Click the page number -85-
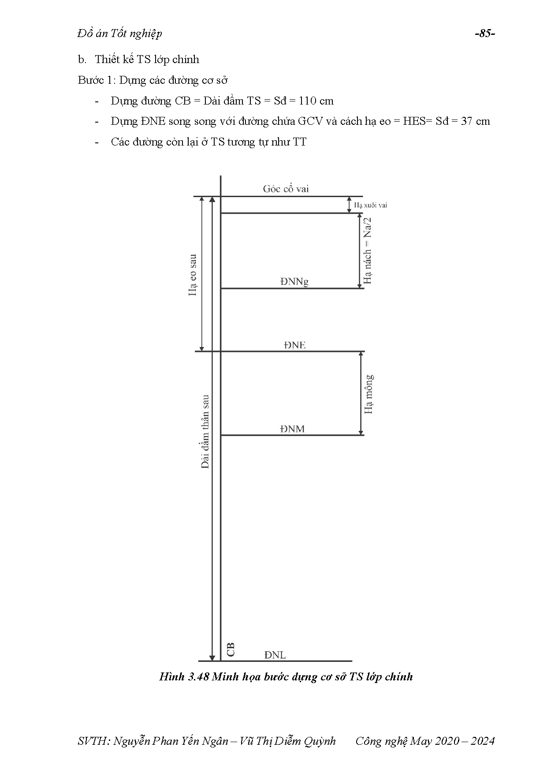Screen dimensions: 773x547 pyautogui.click(x=485, y=34)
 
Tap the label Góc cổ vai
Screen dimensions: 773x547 pyautogui.click(x=286, y=189)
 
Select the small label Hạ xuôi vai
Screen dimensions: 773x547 pyautogui.click(x=371, y=205)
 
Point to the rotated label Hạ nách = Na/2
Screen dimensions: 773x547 pyautogui.click(x=367, y=250)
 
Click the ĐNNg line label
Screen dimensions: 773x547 pyautogui.click(x=294, y=281)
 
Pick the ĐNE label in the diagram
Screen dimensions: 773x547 pyautogui.click(x=294, y=345)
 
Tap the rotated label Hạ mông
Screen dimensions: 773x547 pyautogui.click(x=368, y=394)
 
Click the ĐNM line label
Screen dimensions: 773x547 pyautogui.click(x=292, y=429)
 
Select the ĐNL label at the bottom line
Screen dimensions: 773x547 pyautogui.click(x=275, y=655)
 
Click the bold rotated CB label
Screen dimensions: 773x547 pyautogui.click(x=230, y=650)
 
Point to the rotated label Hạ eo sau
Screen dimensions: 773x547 pyautogui.click(x=193, y=275)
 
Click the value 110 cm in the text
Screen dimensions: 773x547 pyautogui.click(x=316, y=101)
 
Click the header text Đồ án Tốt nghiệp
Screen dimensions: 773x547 pyautogui.click(x=119, y=34)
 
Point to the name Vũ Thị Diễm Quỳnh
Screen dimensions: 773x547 pyautogui.click(x=287, y=741)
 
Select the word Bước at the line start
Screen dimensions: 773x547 pyautogui.click(x=89, y=80)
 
